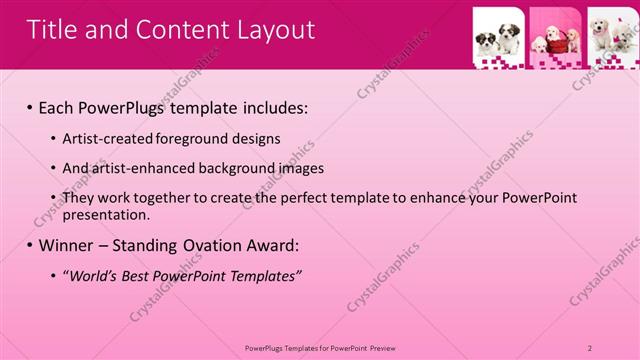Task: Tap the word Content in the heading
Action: [x=180, y=30]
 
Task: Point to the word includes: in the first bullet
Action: [x=269, y=107]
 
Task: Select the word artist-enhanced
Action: [x=139, y=168]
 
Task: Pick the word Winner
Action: [x=70, y=245]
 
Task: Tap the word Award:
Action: [x=275, y=245]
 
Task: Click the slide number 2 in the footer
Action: [x=591, y=348]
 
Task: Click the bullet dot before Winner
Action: [x=29, y=245]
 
